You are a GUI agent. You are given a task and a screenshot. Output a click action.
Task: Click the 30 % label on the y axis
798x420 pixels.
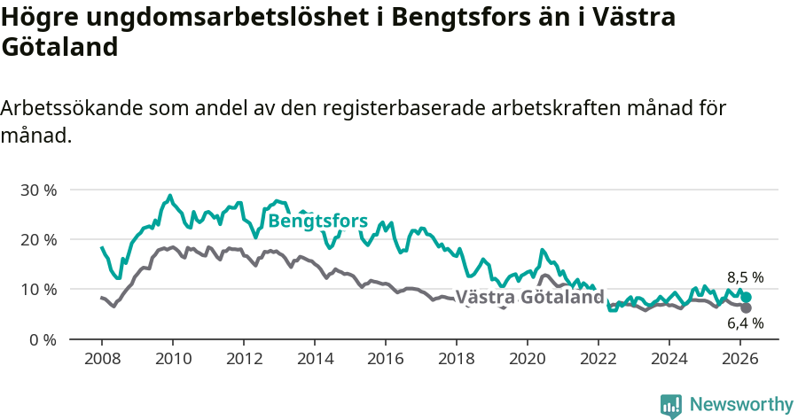click(37, 191)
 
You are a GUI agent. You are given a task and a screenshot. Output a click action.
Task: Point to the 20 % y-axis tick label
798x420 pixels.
click(37, 240)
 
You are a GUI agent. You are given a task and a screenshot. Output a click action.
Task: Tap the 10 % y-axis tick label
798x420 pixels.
click(37, 290)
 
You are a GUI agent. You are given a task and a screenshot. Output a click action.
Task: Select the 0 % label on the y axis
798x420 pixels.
click(42, 339)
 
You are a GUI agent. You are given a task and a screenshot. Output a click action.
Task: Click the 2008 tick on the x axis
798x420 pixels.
click(101, 358)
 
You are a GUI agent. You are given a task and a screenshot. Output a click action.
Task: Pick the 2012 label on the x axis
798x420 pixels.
click(243, 358)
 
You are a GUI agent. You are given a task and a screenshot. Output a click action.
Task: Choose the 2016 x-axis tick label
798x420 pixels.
click(385, 358)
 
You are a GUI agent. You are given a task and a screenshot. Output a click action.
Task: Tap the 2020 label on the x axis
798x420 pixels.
click(527, 358)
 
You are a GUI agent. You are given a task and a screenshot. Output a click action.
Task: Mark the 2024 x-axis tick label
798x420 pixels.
click(669, 358)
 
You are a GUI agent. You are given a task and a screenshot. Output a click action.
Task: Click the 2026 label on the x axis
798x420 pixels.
click(739, 358)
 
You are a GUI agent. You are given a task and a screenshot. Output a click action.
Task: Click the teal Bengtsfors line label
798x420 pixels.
click(317, 221)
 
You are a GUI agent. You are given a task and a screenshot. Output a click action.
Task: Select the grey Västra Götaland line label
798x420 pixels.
click(528, 297)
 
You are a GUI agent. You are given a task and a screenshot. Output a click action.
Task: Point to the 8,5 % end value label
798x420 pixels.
click(745, 277)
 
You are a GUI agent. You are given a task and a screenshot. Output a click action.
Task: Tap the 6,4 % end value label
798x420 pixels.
click(745, 323)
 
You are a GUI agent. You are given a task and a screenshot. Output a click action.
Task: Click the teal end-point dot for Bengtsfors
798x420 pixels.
click(747, 298)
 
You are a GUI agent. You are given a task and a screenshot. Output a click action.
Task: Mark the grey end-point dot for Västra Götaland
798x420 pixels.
click(747, 307)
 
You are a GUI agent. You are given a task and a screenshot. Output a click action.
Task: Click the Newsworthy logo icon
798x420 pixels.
click(671, 405)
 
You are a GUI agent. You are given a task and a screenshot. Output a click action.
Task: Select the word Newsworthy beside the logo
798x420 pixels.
click(741, 405)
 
